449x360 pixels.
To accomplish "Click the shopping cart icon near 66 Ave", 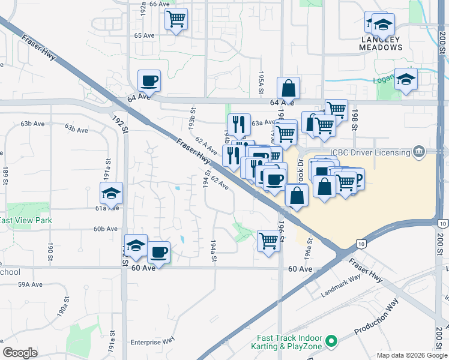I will [176, 19].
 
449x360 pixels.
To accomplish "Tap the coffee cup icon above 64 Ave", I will [149, 80].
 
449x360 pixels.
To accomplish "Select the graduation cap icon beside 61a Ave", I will [112, 193].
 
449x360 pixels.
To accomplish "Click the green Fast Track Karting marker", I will [330, 341].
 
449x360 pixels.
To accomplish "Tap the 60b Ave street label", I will [105, 229].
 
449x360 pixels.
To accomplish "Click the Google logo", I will [20, 353].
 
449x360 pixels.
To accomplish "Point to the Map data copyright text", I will [411, 355].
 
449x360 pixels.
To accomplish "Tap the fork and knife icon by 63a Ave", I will [240, 124].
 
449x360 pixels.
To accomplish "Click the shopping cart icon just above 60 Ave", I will [269, 241].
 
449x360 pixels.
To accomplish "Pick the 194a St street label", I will [213, 251].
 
